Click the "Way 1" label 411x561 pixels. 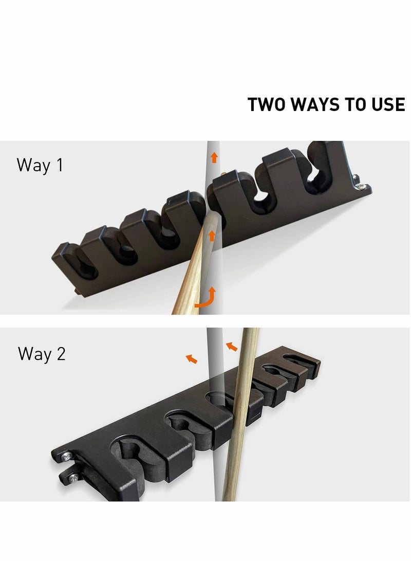(40, 165)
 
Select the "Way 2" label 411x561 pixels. (42, 354)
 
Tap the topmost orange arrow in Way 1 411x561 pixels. (214, 157)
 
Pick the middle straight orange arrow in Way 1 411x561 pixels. (212, 236)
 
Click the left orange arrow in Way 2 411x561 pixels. (192, 358)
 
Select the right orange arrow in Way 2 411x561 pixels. (232, 347)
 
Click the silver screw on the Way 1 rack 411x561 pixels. (361, 186)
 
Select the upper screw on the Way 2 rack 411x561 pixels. (67, 456)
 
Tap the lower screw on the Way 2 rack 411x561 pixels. (74, 477)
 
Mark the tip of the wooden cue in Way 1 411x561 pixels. (214, 213)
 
